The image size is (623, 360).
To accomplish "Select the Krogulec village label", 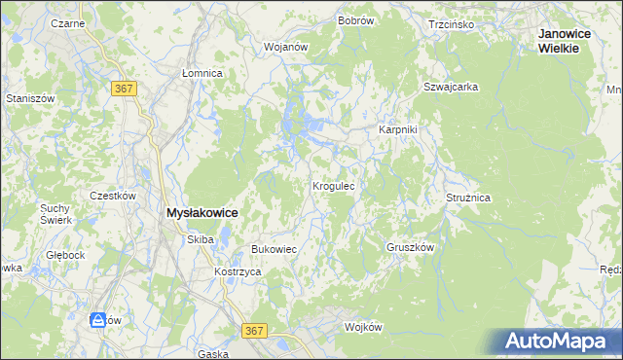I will [338, 184].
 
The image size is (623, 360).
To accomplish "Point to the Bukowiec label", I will [274, 250].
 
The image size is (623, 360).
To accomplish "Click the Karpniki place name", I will [397, 130].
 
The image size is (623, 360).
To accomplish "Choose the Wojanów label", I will [285, 46].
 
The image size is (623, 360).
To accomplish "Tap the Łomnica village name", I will [202, 73].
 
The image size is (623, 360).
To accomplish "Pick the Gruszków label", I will [409, 247].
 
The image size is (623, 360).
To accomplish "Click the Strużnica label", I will [468, 198].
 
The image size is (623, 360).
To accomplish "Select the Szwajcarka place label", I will [450, 87].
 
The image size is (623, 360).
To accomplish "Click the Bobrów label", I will [356, 20].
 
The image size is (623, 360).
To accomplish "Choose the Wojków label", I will [366, 327].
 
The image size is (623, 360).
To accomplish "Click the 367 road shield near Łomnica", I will [124, 89].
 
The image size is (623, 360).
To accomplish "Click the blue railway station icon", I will [98, 319].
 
